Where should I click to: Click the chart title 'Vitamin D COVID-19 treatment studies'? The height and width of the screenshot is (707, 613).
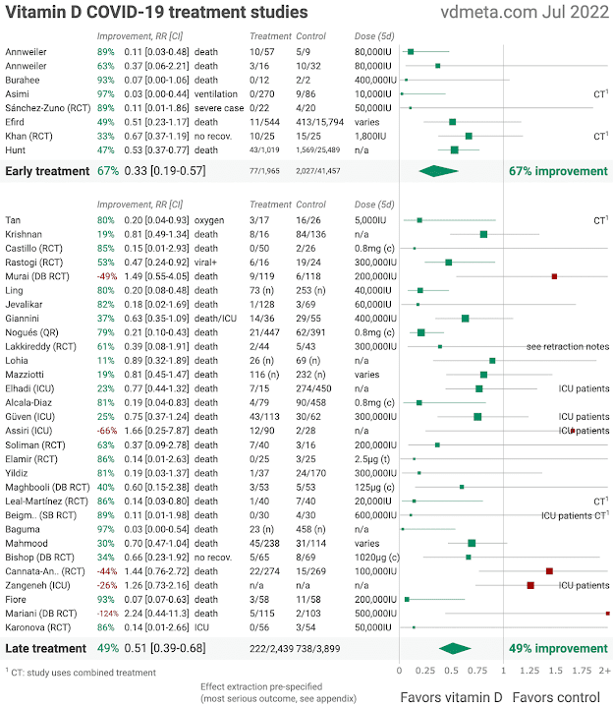155,14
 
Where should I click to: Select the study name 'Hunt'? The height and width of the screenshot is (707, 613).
17,149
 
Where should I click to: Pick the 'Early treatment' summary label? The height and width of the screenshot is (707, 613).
47,171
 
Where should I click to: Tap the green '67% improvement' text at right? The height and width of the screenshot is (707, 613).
558,171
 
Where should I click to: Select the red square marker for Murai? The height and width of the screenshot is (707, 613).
555,277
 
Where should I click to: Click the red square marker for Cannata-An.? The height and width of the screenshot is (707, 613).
549,570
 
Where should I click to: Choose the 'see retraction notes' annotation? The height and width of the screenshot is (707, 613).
568,347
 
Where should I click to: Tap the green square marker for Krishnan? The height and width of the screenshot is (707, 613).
483,234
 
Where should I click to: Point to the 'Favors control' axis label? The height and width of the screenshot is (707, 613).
561,696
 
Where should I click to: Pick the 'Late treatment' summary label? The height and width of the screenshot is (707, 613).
45,648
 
